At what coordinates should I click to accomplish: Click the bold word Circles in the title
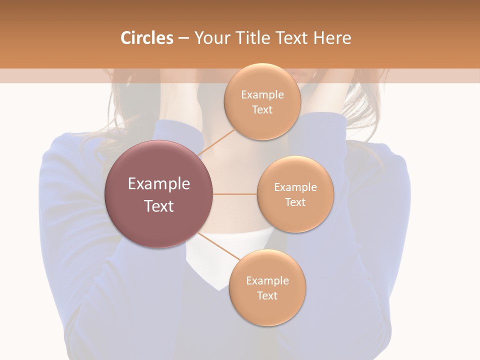(147, 38)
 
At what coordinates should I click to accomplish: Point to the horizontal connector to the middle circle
(235, 194)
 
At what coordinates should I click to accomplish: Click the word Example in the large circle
(159, 184)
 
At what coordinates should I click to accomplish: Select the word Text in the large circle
(159, 206)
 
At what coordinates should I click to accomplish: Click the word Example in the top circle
(262, 95)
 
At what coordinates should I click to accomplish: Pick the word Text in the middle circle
(295, 202)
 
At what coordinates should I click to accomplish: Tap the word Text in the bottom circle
(267, 295)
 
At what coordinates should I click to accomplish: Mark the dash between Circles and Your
(183, 38)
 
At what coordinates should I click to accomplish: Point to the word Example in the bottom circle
(267, 280)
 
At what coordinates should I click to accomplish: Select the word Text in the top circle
(262, 109)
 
